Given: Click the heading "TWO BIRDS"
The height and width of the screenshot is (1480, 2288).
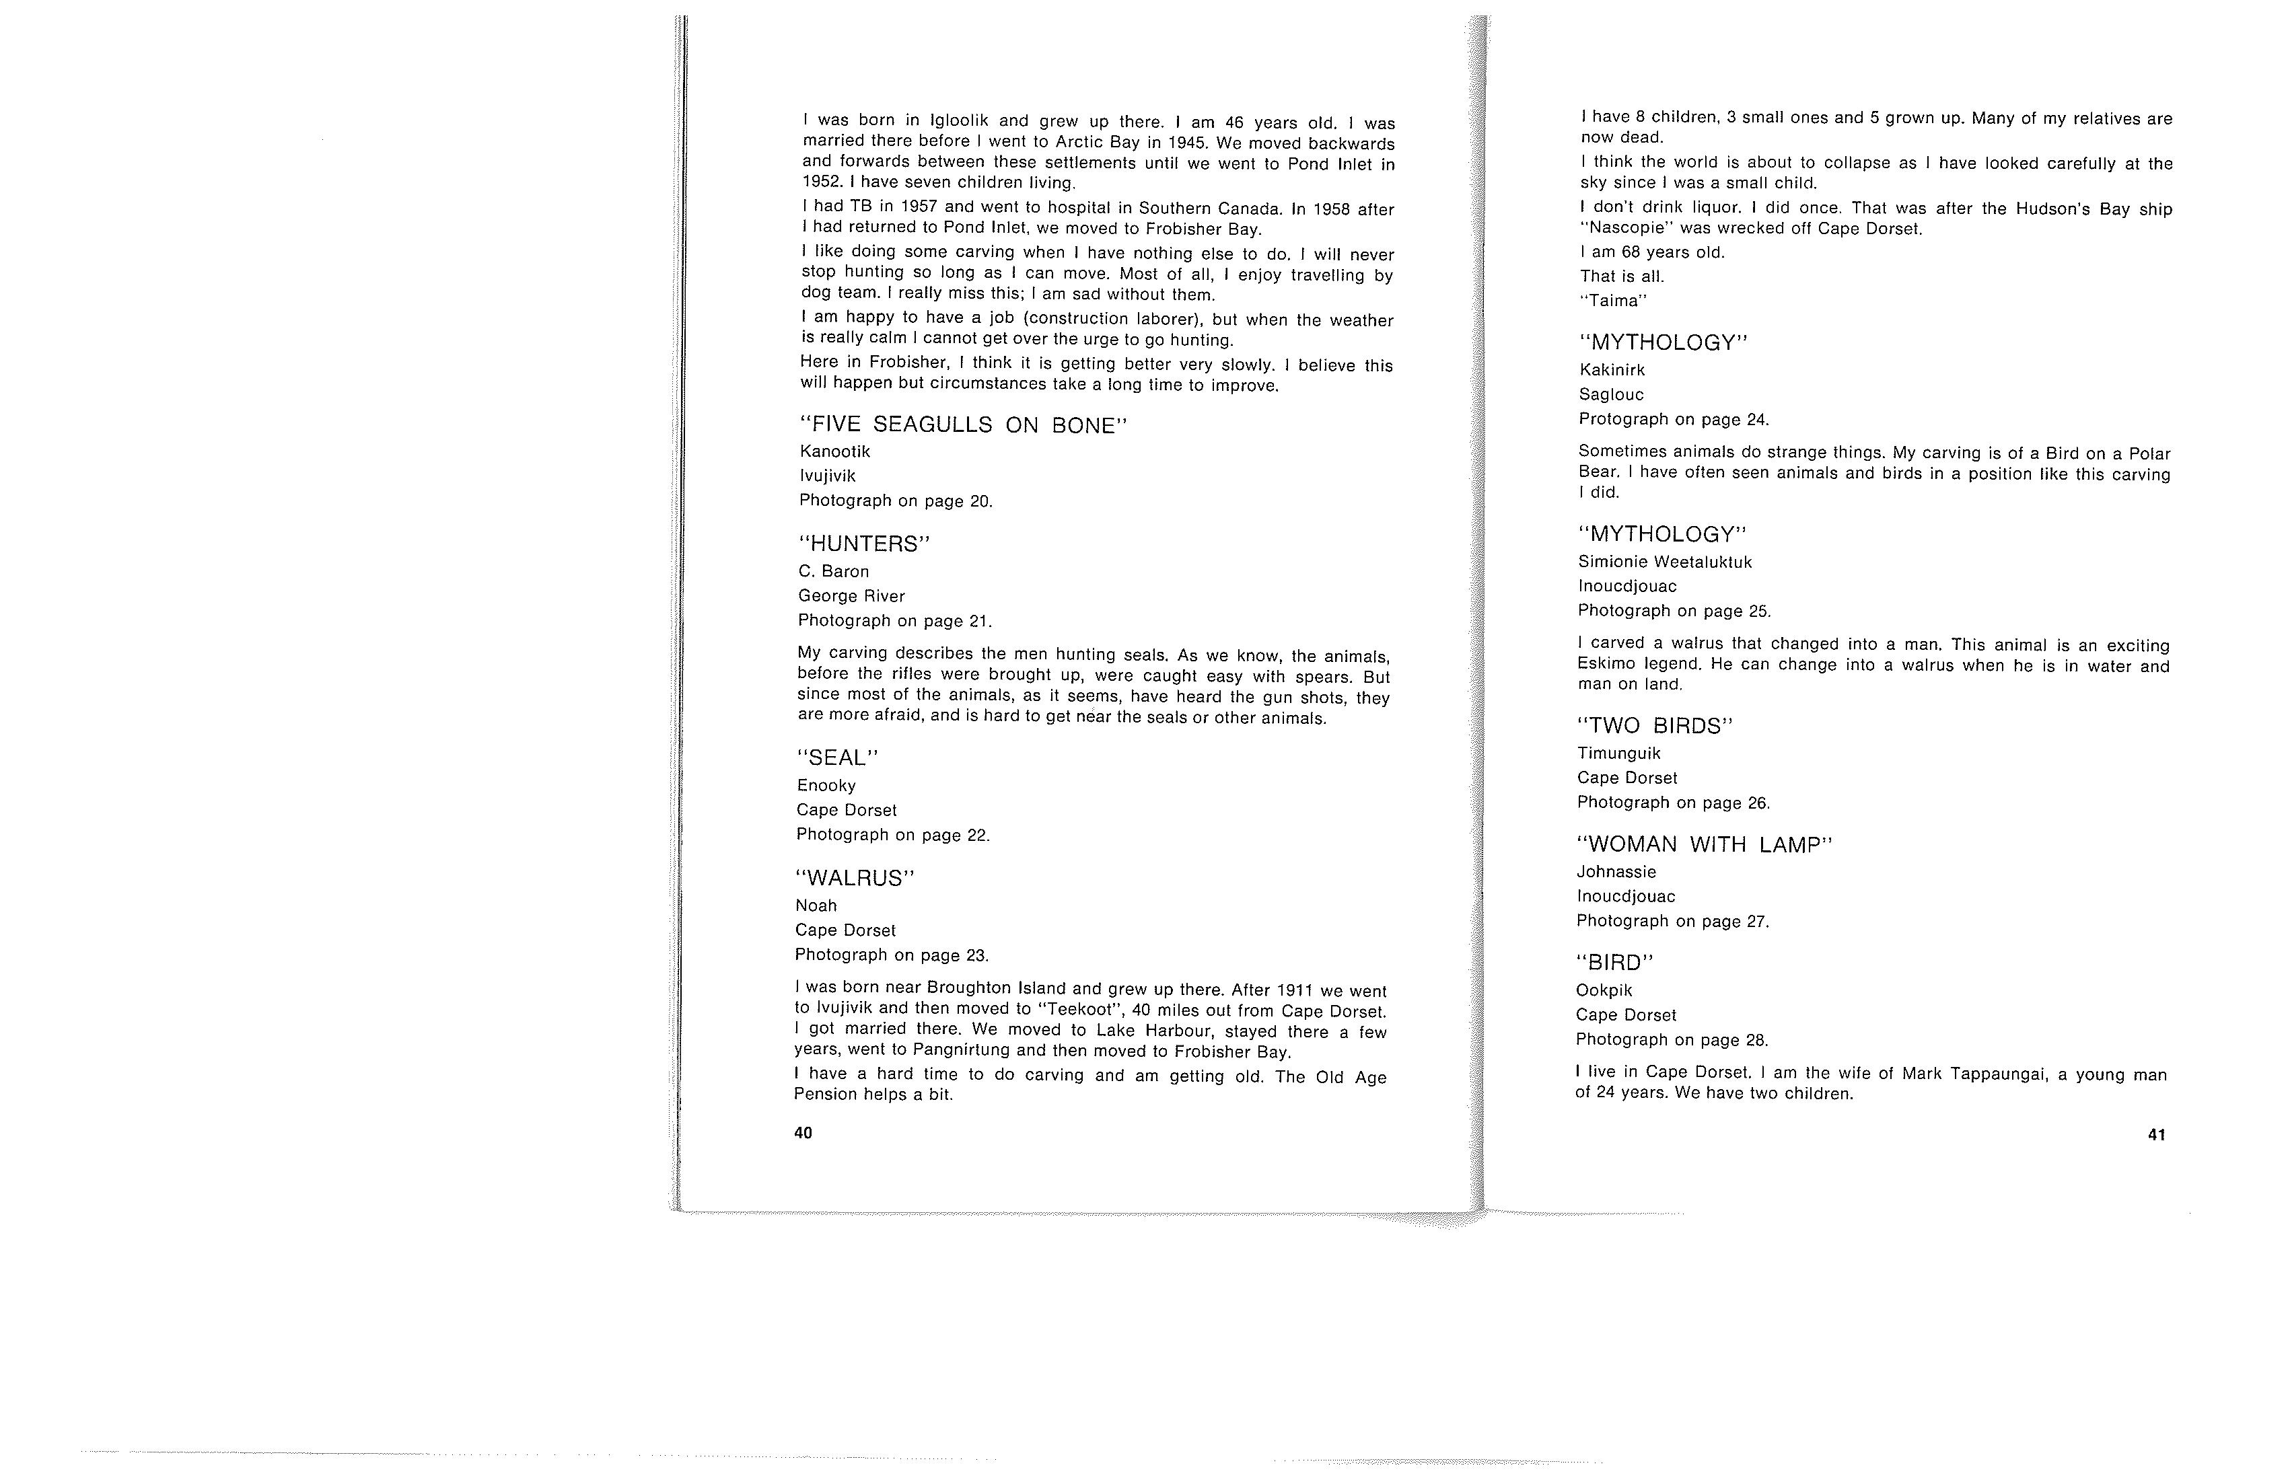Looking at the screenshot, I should [x=1655, y=727].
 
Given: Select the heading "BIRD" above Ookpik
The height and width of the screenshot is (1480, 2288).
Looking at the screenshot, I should [x=1615, y=963].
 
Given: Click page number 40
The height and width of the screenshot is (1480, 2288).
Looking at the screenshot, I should [x=803, y=1133].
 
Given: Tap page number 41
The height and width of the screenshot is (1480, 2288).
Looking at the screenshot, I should [x=2156, y=1135].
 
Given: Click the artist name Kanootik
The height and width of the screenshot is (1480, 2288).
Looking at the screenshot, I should [x=834, y=451].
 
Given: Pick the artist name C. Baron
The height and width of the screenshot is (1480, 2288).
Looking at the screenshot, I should [x=834, y=572].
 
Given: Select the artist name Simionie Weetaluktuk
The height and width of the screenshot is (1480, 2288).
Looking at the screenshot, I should [x=1665, y=562].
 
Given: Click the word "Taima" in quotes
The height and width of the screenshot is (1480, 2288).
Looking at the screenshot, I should [x=1614, y=301].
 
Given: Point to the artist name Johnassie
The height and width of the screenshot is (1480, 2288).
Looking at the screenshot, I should [x=1616, y=872].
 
